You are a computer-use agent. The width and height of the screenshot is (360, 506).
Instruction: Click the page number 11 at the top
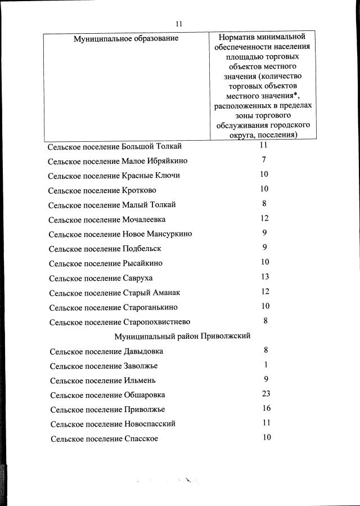[179, 24]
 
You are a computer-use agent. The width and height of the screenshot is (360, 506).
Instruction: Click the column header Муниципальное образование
[126, 38]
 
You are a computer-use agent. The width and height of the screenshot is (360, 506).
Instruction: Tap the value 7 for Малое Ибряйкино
[264, 159]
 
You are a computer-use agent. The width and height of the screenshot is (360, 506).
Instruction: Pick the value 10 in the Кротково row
[264, 189]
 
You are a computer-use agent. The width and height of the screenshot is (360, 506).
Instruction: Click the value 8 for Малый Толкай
[264, 203]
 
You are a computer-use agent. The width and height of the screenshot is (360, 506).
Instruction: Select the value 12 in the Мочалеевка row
[265, 218]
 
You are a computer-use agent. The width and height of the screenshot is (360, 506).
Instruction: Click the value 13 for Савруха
[265, 276]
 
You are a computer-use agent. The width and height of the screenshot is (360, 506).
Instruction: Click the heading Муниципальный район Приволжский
[182, 336]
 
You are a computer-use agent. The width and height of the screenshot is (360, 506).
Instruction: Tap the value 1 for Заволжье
[265, 365]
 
